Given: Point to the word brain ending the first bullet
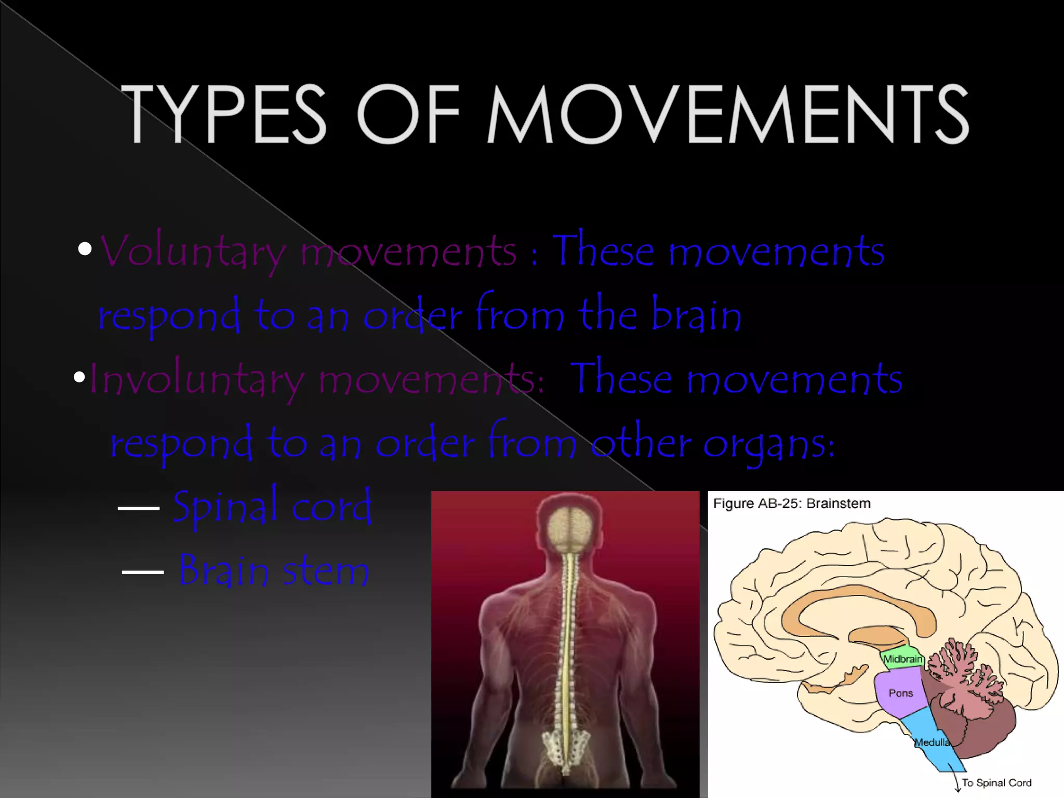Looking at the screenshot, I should point(696,314).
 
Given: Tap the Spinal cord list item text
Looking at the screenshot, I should point(272,507).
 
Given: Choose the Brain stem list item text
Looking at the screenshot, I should point(274,570).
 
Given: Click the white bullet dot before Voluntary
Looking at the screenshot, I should point(85,249).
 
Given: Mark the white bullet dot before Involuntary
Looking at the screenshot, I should point(79,377).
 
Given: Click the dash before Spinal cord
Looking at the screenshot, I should point(138,508).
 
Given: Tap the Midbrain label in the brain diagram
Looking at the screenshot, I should point(903,659).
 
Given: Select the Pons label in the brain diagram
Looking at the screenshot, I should point(900,693).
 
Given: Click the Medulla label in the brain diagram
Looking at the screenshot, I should point(932,742).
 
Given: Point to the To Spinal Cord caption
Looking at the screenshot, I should point(996,782).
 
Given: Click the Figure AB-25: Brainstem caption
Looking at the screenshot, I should point(791,503).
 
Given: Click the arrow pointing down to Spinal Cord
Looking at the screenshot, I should point(957,782).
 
